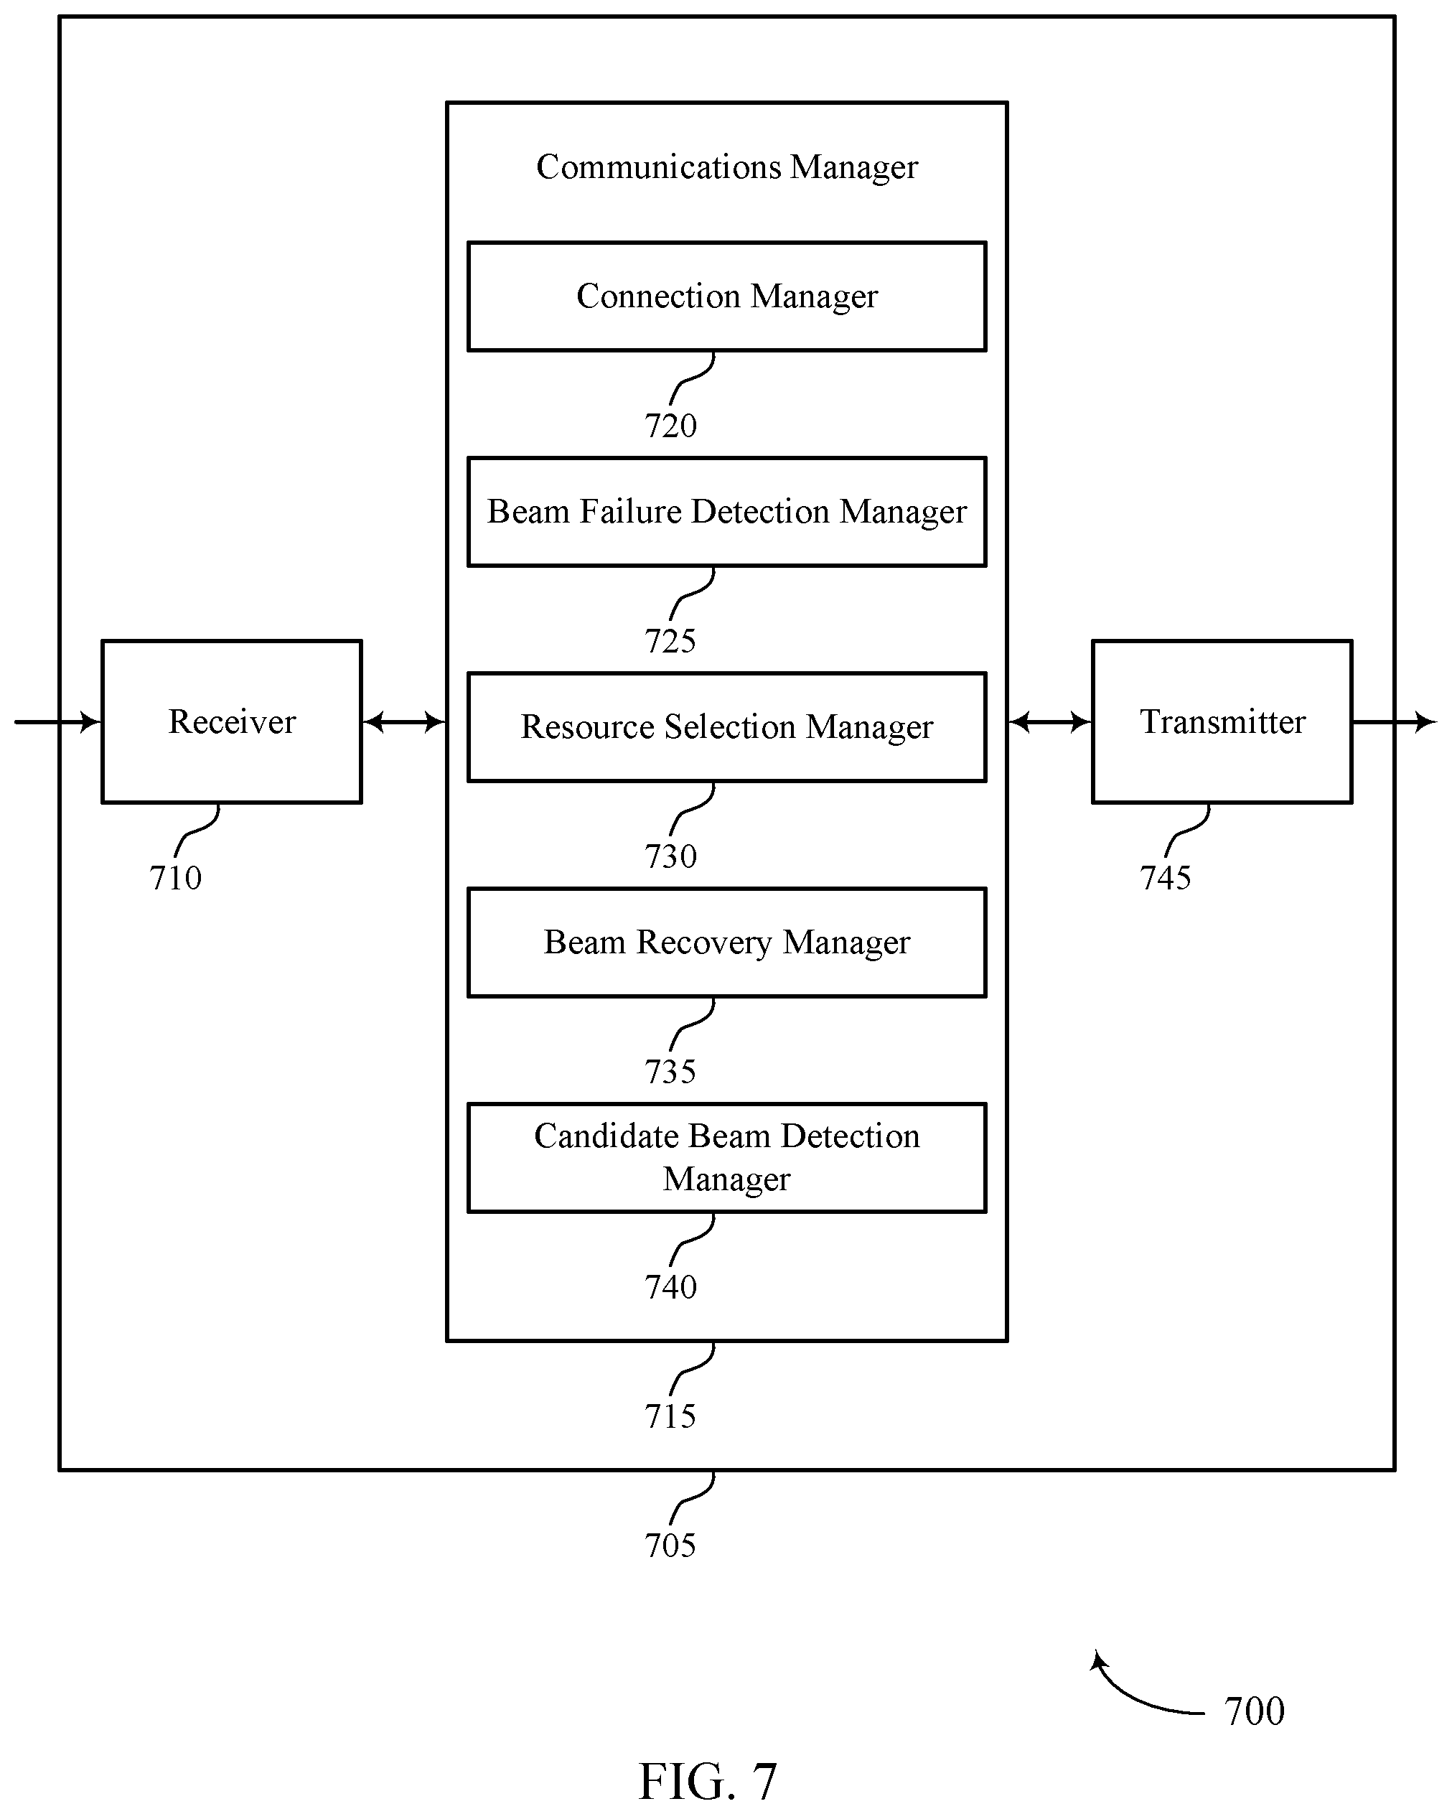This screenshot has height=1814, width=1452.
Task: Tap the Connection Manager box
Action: click(x=727, y=296)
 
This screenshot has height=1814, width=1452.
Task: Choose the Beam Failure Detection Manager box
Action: click(x=727, y=512)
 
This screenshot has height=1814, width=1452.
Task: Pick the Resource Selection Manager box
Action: click(x=727, y=727)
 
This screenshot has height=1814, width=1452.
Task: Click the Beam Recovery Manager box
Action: click(x=727, y=943)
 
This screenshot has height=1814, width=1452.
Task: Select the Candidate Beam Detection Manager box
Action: click(x=727, y=1158)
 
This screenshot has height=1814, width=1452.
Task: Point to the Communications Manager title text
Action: click(x=727, y=167)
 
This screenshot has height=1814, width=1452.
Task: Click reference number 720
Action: click(x=670, y=426)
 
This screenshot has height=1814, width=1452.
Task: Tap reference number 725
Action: click(x=670, y=641)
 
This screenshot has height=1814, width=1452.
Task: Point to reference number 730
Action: click(x=670, y=856)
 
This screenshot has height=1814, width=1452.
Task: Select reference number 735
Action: click(x=670, y=1072)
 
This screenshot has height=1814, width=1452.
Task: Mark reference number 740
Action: click(x=670, y=1287)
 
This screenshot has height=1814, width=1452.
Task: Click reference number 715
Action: click(x=670, y=1417)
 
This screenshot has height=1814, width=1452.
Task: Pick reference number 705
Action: click(x=670, y=1546)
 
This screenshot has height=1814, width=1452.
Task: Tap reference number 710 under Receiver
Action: click(x=176, y=879)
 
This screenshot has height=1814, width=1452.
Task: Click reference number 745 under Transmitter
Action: click(x=1166, y=879)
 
